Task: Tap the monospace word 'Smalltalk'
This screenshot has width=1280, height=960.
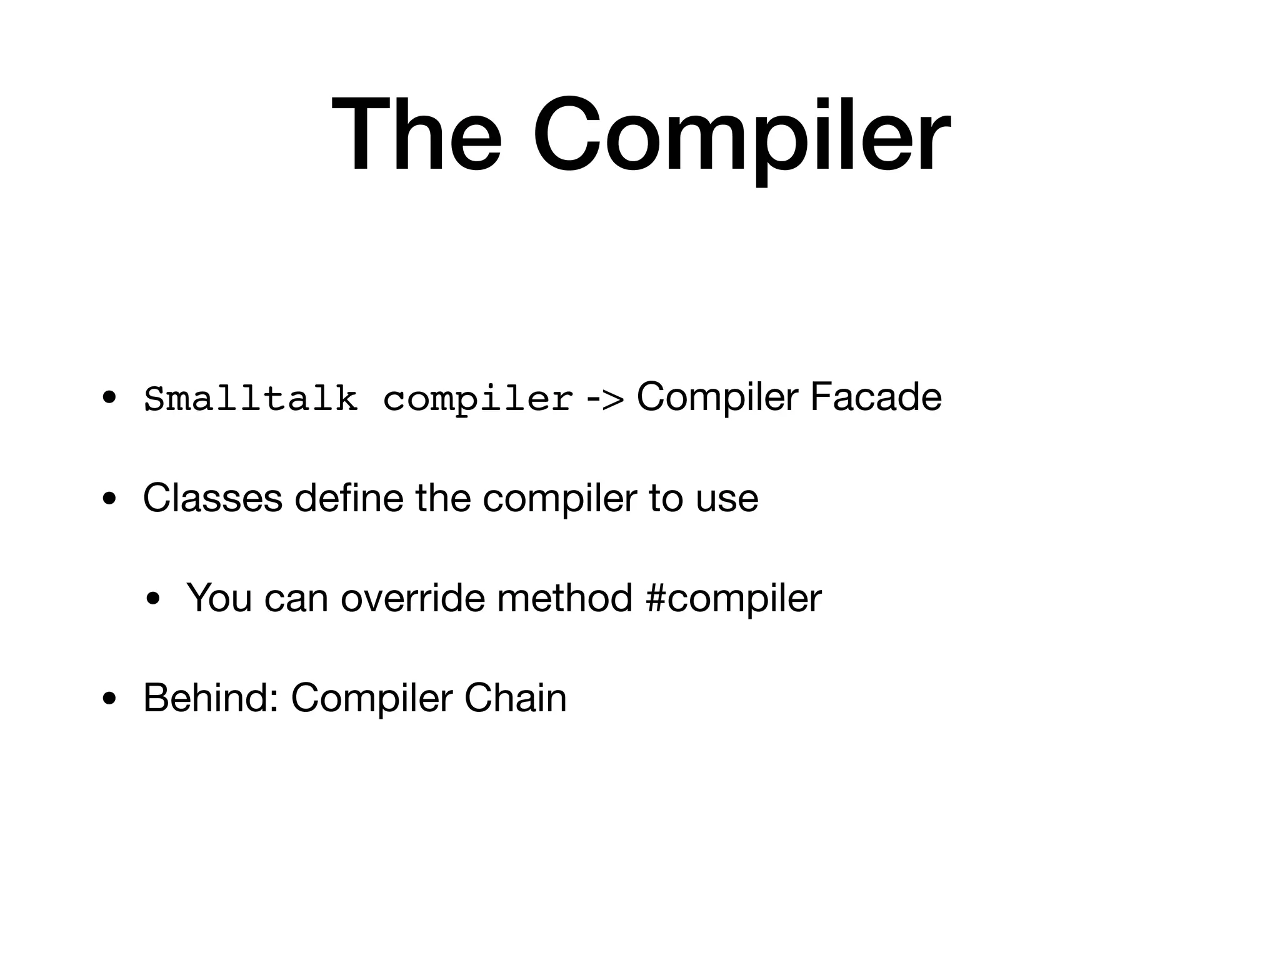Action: (x=251, y=398)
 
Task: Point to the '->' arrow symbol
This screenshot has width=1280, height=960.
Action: (x=604, y=398)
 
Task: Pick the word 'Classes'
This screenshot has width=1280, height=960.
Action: (x=213, y=498)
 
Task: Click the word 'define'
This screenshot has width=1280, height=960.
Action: (x=349, y=498)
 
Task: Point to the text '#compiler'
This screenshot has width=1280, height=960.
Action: (x=734, y=599)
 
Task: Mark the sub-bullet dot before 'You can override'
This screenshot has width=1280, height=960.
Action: (x=152, y=599)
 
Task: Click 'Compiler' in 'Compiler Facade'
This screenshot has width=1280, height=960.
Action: (x=717, y=397)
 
